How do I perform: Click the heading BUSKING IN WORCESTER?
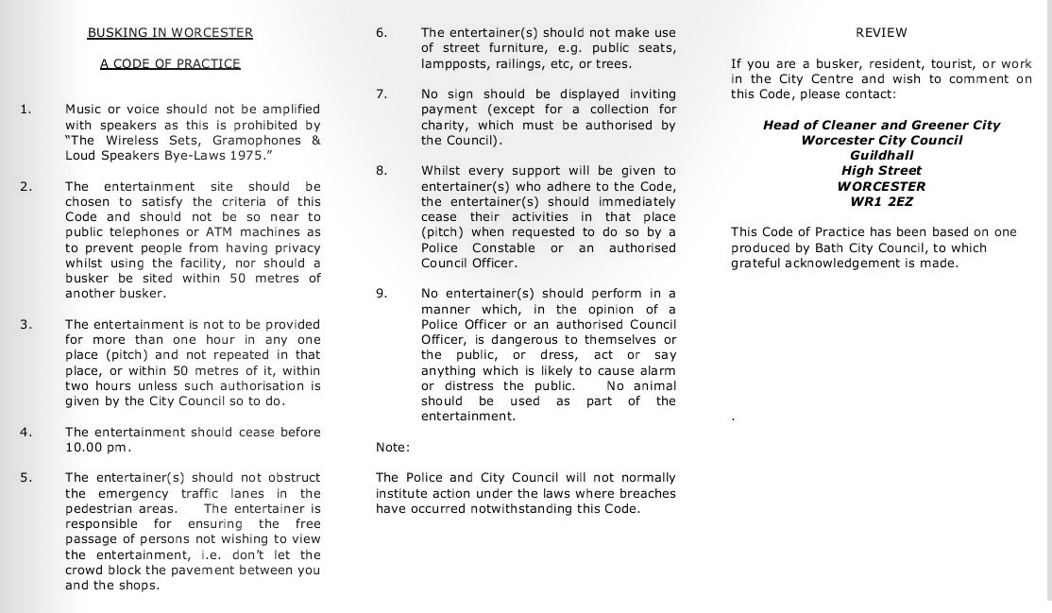point(170,32)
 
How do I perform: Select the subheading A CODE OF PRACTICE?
point(170,63)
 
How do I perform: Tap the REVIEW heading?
point(880,32)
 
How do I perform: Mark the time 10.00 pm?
point(97,448)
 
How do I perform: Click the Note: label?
point(393,447)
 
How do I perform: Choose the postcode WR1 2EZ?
point(881,201)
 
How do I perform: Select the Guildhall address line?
point(881,156)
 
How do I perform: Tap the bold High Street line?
point(881,171)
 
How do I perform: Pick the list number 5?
point(25,478)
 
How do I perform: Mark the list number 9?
point(382,294)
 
